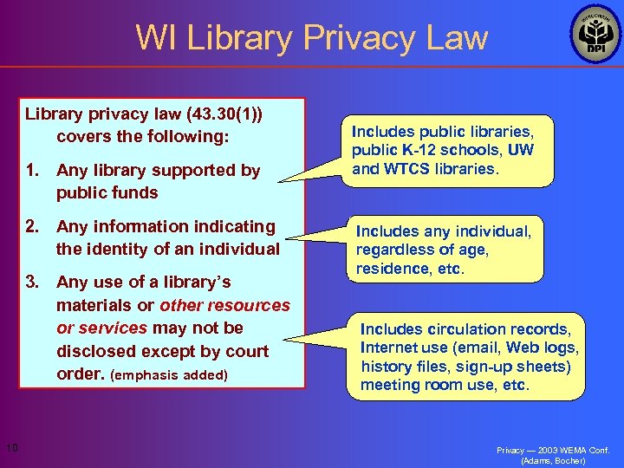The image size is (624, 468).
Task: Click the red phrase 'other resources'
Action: [x=225, y=305]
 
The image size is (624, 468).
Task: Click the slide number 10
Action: [x=12, y=447]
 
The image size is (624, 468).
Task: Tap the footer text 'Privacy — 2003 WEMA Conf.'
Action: [x=553, y=450]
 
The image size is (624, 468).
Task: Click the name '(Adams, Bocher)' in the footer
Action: [x=553, y=460]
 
